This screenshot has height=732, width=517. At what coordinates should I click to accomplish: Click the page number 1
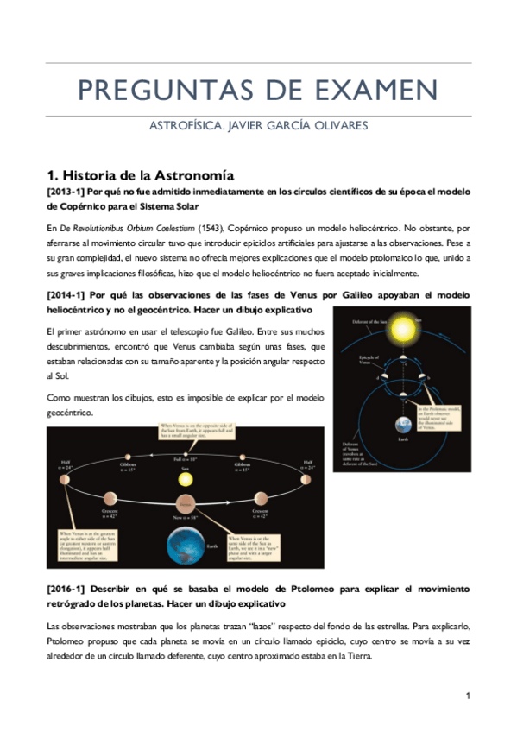tap(467, 696)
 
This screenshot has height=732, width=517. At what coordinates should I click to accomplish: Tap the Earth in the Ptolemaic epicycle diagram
tap(403, 426)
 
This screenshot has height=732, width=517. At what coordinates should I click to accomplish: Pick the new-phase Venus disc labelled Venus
tap(183, 501)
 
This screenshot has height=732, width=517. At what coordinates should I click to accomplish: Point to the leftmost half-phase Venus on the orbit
tap(62, 478)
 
